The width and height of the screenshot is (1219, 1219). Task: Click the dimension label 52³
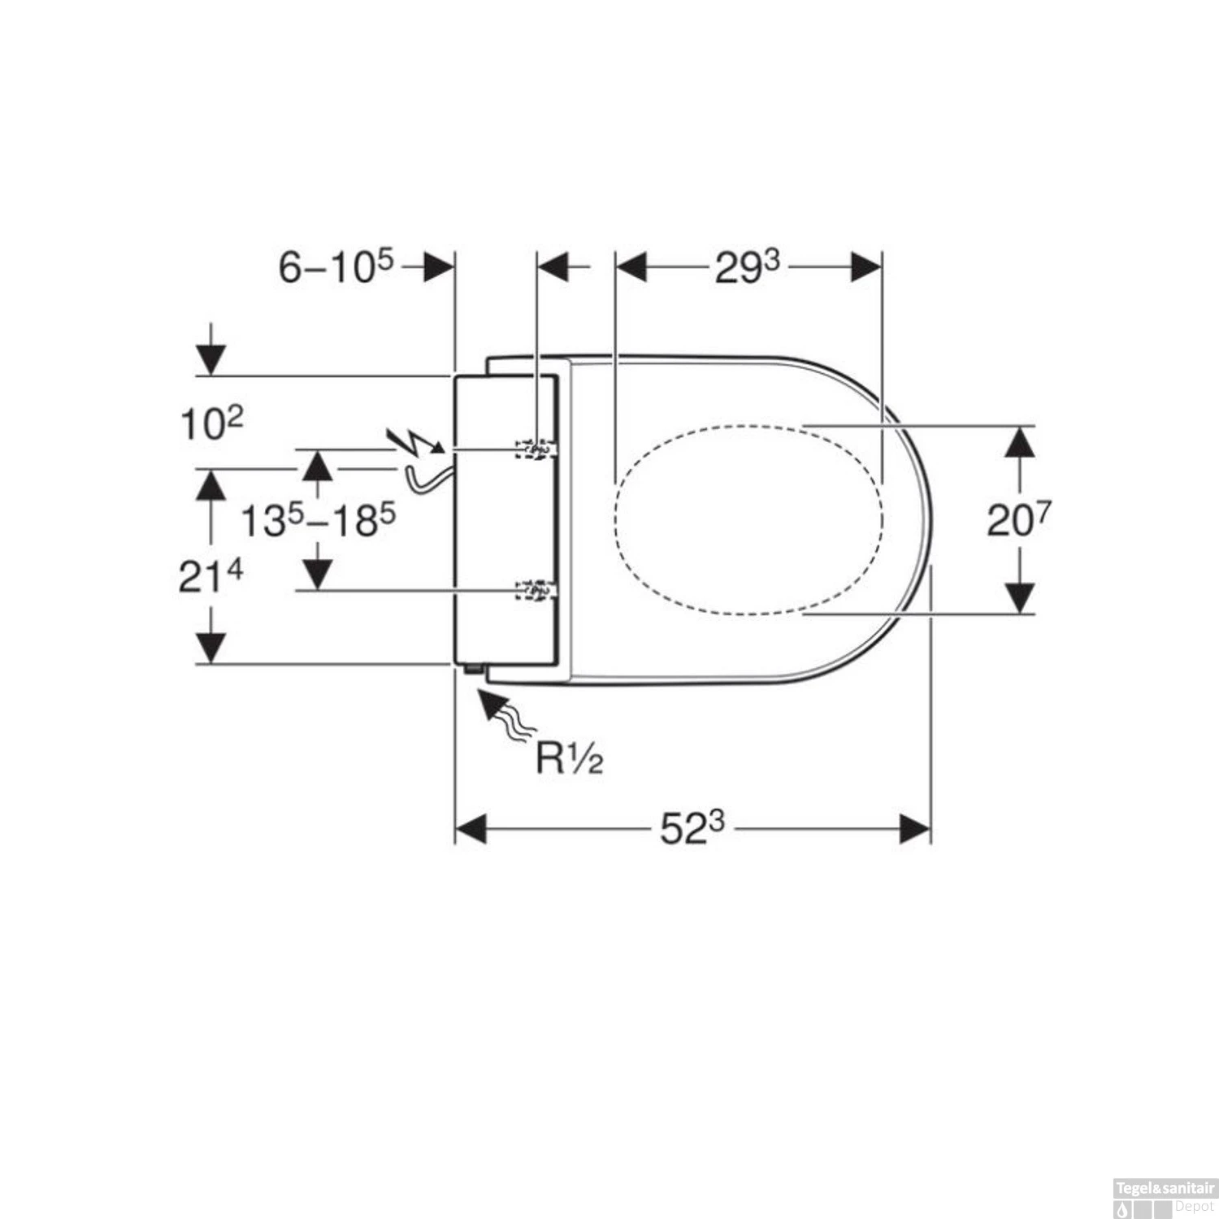691,829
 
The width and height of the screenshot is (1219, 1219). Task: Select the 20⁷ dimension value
1018,520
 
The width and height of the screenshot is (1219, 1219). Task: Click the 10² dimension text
210,423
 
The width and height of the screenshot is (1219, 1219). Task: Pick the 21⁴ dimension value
210,577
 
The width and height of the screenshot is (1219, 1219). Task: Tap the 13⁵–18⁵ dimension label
318,520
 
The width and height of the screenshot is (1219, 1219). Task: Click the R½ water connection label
569,758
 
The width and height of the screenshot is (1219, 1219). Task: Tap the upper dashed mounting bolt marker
536,449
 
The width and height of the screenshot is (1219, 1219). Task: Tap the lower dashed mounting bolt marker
536,591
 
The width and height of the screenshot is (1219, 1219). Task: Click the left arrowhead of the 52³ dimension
471,830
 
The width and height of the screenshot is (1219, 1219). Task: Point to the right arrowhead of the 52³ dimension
915,830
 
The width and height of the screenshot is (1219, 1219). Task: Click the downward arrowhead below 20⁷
1020,598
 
